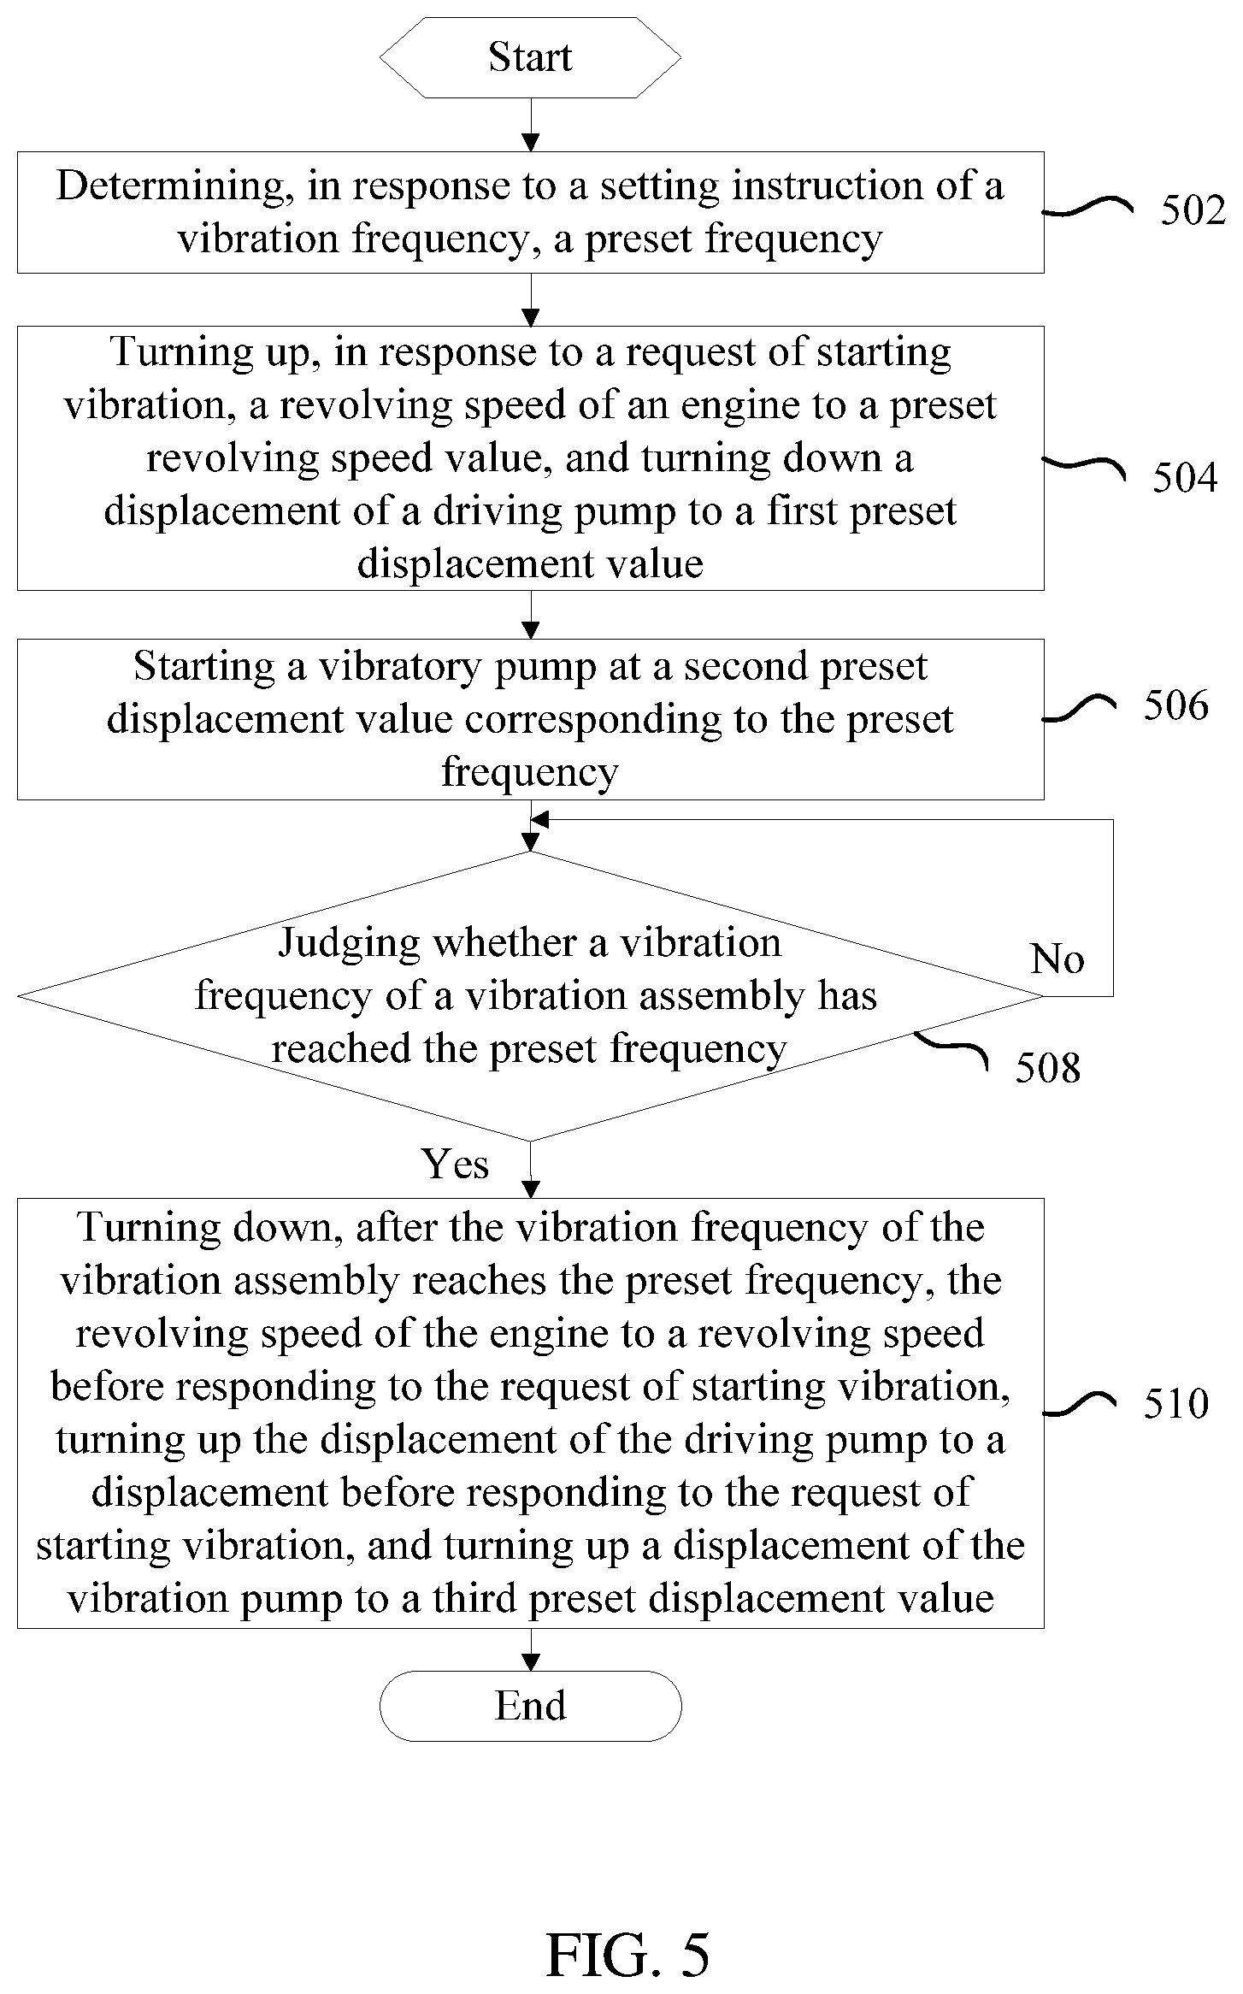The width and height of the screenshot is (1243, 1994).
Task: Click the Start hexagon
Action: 530,57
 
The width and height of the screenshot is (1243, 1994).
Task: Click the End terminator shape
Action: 530,1706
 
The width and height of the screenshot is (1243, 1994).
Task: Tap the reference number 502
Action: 1193,210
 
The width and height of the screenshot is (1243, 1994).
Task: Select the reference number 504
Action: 1185,477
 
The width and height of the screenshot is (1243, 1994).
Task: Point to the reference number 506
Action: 1176,705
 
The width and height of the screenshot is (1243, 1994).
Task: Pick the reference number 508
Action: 1048,1067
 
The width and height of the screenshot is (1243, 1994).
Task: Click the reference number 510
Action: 1176,1404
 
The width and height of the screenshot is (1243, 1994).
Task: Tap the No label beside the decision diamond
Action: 1057,959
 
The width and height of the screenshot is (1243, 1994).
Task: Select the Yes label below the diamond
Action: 455,1164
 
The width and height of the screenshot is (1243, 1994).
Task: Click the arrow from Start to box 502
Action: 531,125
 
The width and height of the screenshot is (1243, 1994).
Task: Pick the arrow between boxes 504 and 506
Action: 531,615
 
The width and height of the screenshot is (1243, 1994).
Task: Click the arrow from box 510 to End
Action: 531,1649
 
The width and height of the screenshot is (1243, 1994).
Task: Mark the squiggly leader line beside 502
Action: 1087,207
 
